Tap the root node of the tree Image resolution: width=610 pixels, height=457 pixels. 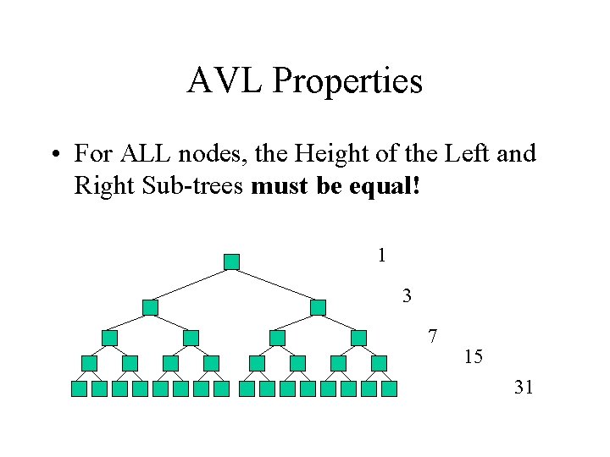tap(231, 262)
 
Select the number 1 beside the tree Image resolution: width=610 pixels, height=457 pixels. tap(382, 254)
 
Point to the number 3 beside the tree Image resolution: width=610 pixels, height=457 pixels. tap(408, 296)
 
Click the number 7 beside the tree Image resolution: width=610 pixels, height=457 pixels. tap(432, 336)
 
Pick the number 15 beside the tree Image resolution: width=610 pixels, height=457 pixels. tap(474, 357)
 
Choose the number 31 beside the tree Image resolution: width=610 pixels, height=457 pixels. tap(524, 388)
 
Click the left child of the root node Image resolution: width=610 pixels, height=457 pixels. tap(150, 307)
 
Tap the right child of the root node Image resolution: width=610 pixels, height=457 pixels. tap(318, 307)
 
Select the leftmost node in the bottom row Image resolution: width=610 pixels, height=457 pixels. tap(79, 389)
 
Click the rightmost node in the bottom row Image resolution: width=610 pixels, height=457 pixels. tap(389, 389)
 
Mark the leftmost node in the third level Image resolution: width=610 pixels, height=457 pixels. tap(109, 338)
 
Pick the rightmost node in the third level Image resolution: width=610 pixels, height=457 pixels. tap(358, 338)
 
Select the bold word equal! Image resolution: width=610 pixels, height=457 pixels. tap(385, 184)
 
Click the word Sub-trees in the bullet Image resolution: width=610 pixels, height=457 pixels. tap(203, 184)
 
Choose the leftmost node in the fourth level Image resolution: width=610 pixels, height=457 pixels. tap(89, 363)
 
